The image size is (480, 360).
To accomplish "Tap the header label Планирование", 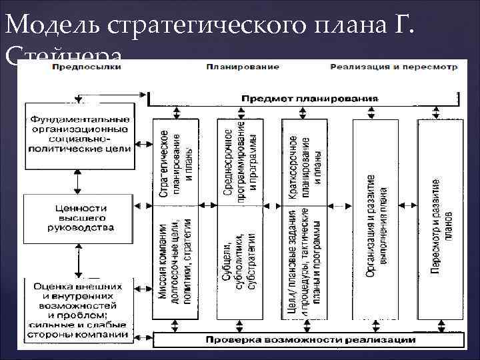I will tap(233, 67).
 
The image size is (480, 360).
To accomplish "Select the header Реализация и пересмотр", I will tap(393, 67).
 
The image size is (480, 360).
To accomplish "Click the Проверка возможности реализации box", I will tap(309, 339).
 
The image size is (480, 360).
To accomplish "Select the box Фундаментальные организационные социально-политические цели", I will tap(79, 134).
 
